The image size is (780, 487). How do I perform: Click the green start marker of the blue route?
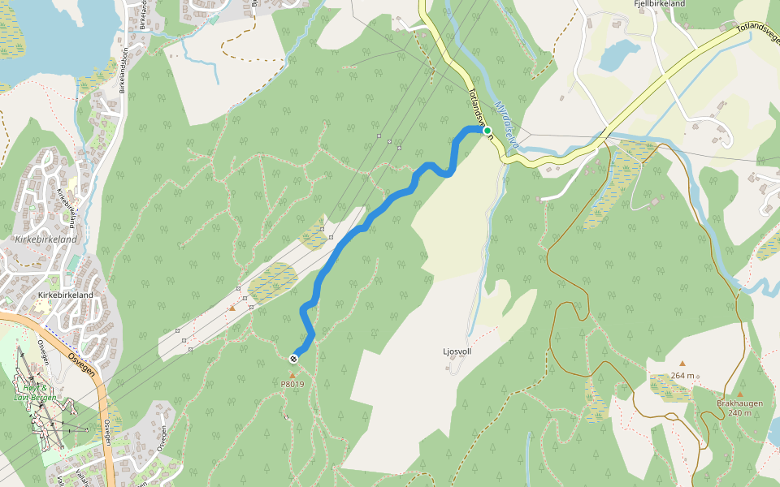click(x=487, y=131)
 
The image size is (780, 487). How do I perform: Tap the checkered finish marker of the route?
click(x=292, y=358)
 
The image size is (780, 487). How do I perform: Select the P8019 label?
click(x=292, y=384)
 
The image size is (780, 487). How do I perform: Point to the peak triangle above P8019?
click(x=292, y=374)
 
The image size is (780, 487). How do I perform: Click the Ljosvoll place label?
click(x=457, y=351)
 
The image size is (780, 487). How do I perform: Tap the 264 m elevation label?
click(x=682, y=375)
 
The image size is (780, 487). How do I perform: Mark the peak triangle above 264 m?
click(x=682, y=364)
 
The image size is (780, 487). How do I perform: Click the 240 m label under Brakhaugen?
click(x=739, y=413)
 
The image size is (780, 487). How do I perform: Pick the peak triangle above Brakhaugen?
click(x=739, y=394)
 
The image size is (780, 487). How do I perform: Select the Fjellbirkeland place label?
click(x=659, y=4)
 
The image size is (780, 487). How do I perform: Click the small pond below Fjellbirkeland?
click(x=618, y=55)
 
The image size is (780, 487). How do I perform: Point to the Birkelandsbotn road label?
click(x=125, y=70)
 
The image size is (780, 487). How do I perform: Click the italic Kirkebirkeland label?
click(x=45, y=239)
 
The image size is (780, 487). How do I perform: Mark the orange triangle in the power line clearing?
click(x=232, y=308)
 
